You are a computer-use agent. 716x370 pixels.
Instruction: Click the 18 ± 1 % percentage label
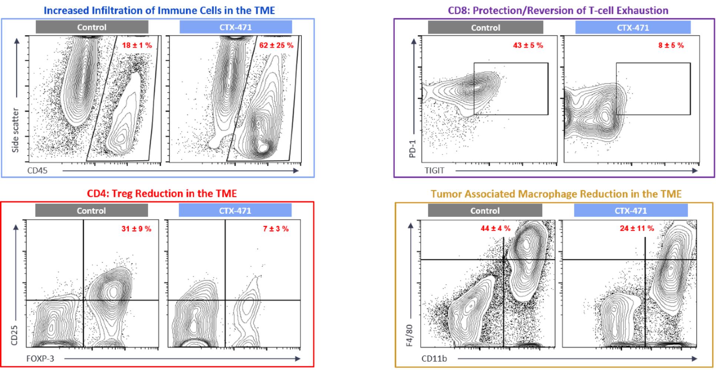(x=137, y=46)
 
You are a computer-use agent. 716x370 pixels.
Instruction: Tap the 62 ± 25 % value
(x=276, y=46)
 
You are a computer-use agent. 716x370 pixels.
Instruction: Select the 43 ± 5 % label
(x=528, y=46)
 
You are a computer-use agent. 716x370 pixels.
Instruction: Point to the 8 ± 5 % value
(x=671, y=46)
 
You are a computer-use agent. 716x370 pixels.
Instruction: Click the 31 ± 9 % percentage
(x=136, y=229)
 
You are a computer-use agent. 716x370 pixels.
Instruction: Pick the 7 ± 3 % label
(x=276, y=229)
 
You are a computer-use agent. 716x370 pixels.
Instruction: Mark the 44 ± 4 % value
(x=495, y=229)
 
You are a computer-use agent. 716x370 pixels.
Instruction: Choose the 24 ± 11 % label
(x=637, y=229)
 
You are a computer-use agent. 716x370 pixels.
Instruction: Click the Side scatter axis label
(x=15, y=130)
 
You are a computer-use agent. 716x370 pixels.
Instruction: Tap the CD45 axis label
(x=37, y=171)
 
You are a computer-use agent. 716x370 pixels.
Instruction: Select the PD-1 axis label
(x=412, y=148)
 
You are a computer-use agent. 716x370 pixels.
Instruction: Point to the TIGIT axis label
(x=434, y=171)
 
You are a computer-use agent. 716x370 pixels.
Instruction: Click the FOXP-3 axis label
(x=40, y=359)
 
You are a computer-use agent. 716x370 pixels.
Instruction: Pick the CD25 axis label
(x=14, y=335)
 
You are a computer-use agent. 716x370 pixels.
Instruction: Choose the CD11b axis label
(x=434, y=359)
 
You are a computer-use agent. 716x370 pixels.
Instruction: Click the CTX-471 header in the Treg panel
(x=235, y=211)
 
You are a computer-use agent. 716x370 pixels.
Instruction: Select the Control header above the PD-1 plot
(x=485, y=28)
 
